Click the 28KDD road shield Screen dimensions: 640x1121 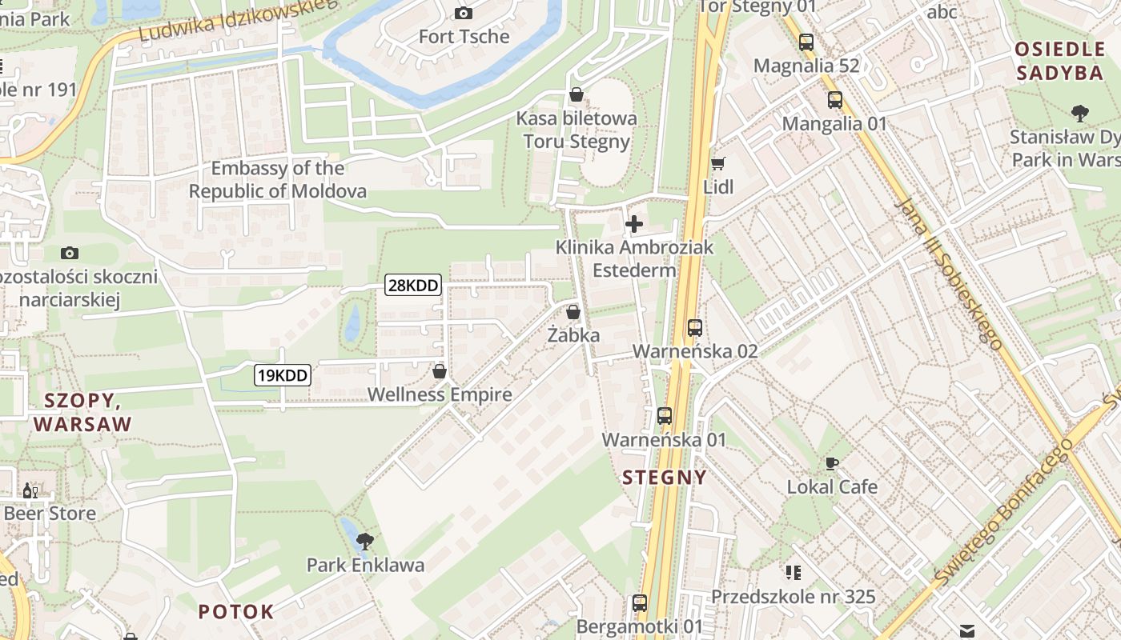pyautogui.click(x=413, y=285)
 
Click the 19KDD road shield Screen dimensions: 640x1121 pyautogui.click(x=283, y=374)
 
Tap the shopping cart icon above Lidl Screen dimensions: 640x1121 pyautogui.click(x=717, y=163)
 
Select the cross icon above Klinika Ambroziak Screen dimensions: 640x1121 pyautogui.click(x=634, y=224)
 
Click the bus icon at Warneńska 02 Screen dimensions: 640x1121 pyautogui.click(x=694, y=328)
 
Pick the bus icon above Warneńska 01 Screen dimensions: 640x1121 pyautogui.click(x=664, y=416)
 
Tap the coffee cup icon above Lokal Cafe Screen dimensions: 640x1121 pyautogui.click(x=832, y=463)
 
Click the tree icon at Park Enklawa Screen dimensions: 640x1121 pyautogui.click(x=365, y=541)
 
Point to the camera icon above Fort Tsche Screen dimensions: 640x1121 pyautogui.click(x=464, y=13)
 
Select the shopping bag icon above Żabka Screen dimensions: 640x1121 pyautogui.click(x=573, y=312)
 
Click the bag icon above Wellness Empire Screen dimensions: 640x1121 pyautogui.click(x=439, y=371)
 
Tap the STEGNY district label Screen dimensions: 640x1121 pyautogui.click(x=665, y=478)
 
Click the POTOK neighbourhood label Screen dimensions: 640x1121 pyautogui.click(x=235, y=612)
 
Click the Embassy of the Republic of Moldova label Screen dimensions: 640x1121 pyautogui.click(x=278, y=180)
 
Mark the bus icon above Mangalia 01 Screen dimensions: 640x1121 pyautogui.click(x=834, y=100)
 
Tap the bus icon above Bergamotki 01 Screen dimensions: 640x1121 pyautogui.click(x=639, y=603)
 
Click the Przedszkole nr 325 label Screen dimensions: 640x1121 pyautogui.click(x=793, y=597)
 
